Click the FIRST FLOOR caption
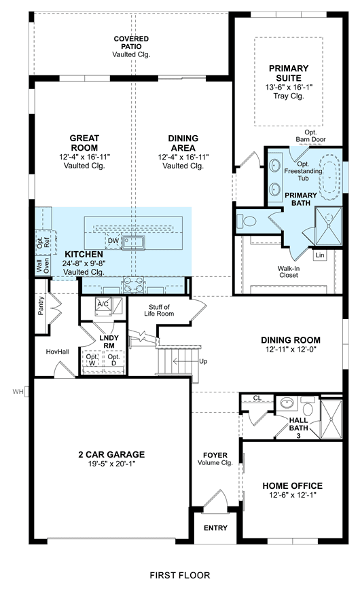point(180,575)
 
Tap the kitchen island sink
point(133,242)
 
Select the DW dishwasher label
point(113,241)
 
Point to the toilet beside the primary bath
point(247,221)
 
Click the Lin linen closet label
point(320,255)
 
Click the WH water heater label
point(18,392)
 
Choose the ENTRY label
point(215,528)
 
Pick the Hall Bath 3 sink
point(287,403)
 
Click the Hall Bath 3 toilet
point(308,407)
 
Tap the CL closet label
point(257,398)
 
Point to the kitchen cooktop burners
point(133,284)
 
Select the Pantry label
point(41,306)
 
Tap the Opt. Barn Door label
point(310,136)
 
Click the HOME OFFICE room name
point(293,486)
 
